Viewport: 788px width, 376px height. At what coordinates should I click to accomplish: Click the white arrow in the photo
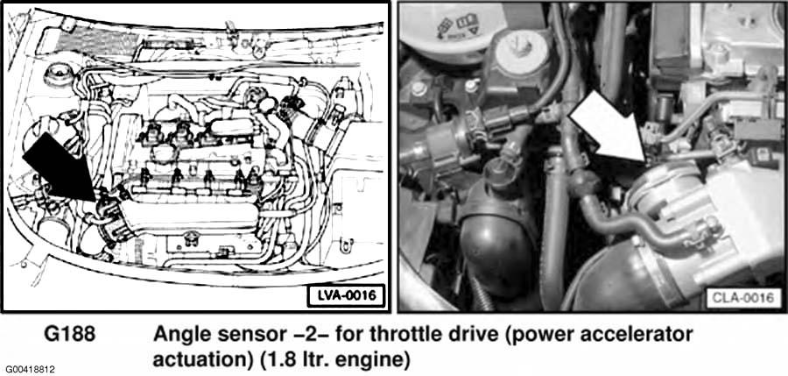click(609, 128)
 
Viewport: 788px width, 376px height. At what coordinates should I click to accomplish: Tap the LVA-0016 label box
click(347, 296)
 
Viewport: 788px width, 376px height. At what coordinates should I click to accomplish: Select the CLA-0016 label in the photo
click(742, 298)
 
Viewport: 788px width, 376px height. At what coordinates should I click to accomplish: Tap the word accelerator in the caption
click(637, 335)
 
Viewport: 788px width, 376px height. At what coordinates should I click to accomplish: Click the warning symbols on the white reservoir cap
click(458, 25)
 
